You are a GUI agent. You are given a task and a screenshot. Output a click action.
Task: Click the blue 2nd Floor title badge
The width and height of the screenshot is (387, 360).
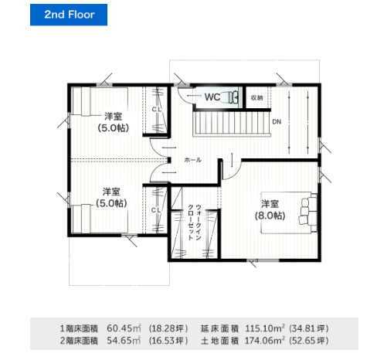click(x=69, y=15)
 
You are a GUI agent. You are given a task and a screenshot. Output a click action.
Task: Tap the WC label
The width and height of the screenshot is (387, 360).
click(x=212, y=97)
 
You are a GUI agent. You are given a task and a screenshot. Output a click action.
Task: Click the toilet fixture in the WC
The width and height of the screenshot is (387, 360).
click(x=233, y=97)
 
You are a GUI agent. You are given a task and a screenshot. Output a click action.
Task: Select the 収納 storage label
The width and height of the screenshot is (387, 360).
click(x=256, y=98)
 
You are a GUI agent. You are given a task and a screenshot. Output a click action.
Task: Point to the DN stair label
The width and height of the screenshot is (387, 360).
click(x=277, y=121)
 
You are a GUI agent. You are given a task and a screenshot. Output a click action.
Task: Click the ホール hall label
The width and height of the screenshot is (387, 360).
click(x=193, y=160)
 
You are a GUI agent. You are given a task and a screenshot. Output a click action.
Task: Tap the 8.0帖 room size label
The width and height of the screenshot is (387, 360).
click(x=270, y=216)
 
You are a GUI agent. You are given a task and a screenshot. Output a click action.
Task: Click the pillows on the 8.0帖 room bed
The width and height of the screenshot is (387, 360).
click(x=307, y=212)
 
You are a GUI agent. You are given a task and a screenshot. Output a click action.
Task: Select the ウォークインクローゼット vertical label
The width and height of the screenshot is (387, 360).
click(x=195, y=222)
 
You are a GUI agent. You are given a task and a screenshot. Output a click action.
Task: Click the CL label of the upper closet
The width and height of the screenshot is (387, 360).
click(x=156, y=110)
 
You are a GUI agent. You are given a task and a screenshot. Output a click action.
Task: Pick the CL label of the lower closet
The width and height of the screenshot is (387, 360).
click(x=156, y=210)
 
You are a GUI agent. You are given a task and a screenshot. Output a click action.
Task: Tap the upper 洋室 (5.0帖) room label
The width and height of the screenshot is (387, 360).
click(x=113, y=122)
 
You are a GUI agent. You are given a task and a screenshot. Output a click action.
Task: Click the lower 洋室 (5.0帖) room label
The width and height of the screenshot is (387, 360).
click(x=111, y=198)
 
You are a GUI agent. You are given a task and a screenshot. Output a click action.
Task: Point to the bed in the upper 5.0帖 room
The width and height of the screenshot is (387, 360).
click(x=100, y=101)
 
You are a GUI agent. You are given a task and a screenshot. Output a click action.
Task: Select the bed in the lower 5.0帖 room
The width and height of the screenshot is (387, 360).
click(x=100, y=219)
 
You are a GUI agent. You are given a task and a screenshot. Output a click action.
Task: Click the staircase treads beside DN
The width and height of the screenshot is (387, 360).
click(x=232, y=123)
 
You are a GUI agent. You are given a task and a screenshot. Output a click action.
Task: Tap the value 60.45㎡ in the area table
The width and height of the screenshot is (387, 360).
click(x=124, y=328)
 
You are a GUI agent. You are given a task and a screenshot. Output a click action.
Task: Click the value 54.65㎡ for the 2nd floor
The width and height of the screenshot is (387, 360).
click(x=124, y=341)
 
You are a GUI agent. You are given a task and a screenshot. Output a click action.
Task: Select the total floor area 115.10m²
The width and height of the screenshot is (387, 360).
click(x=265, y=328)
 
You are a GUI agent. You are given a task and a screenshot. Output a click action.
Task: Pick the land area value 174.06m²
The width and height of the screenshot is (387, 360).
click(x=265, y=341)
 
